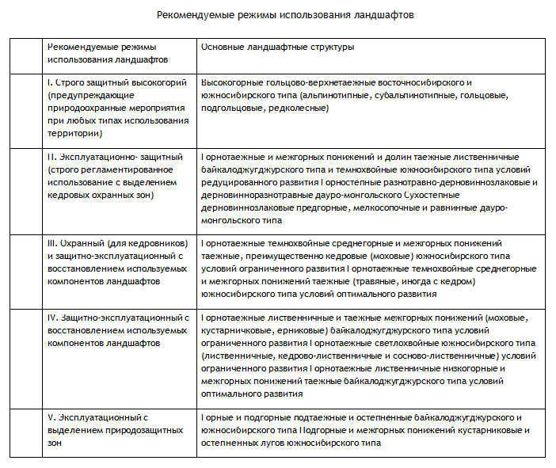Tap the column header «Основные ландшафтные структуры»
(x=277, y=47)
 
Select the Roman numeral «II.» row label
(x=52, y=157)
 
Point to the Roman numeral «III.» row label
(x=54, y=244)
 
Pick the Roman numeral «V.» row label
(x=51, y=417)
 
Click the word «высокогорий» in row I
(x=160, y=82)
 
